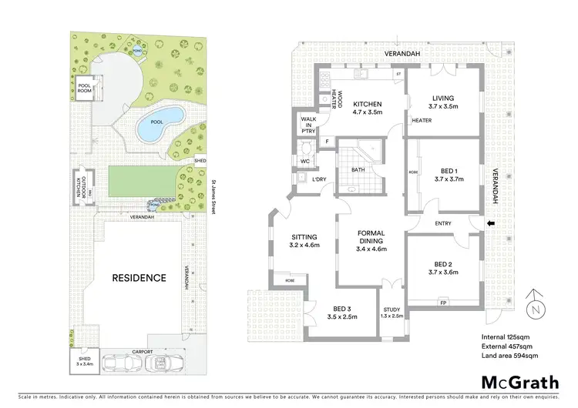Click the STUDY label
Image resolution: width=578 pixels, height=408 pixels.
tap(392, 311)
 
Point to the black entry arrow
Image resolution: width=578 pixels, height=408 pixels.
tap(488, 224)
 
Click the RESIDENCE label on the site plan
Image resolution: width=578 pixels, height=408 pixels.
tap(139, 278)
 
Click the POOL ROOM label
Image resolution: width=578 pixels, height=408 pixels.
tap(84, 89)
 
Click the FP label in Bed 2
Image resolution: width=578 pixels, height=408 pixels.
tap(442, 303)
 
